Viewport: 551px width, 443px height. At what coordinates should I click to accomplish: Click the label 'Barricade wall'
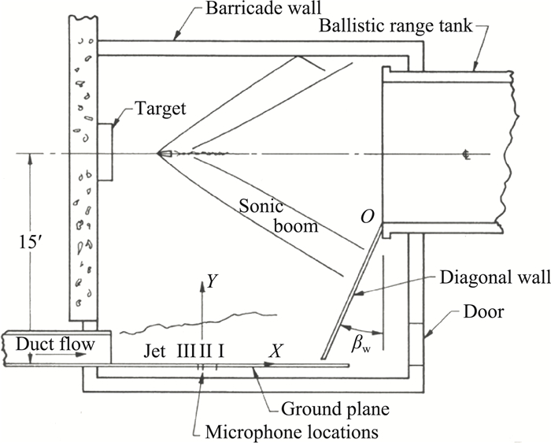250,12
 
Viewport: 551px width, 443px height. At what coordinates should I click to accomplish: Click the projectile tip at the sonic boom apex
161,153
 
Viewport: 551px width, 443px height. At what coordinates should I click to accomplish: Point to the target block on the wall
105,153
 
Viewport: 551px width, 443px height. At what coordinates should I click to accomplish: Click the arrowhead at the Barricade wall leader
175,35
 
